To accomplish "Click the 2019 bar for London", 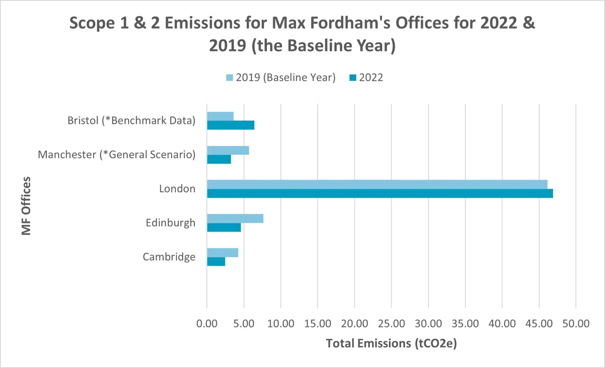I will click(x=377, y=185).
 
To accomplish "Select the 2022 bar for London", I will click(x=380, y=193).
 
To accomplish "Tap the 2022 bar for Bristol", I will click(x=230, y=125).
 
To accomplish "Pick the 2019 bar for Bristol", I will click(x=220, y=116).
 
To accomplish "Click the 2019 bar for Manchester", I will click(x=228, y=150).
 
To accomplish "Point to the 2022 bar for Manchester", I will click(x=219, y=159).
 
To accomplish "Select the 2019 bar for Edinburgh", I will click(x=235, y=219).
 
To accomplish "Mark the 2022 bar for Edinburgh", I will click(x=224, y=227).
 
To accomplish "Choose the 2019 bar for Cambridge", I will click(x=222, y=253).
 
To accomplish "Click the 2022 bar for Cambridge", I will click(x=216, y=262).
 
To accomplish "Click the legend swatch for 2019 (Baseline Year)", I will click(x=229, y=78).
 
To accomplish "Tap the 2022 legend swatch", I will click(x=353, y=78).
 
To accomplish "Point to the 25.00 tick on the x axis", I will click(x=391, y=324).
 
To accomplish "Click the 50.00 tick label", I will click(x=576, y=324).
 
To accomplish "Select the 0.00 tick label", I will click(x=207, y=324).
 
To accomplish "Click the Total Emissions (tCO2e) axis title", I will click(x=391, y=343).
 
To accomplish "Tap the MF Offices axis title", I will click(x=26, y=206).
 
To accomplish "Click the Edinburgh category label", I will click(x=170, y=223).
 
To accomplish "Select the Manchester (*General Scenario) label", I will click(x=117, y=155).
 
